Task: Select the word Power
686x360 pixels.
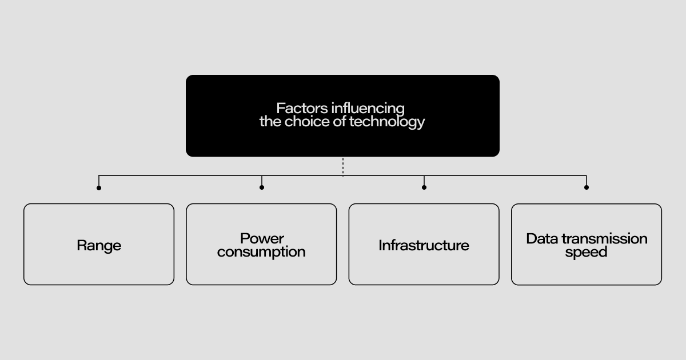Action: tap(262, 238)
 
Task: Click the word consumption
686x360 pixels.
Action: tap(261, 252)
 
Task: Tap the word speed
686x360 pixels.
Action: tap(586, 252)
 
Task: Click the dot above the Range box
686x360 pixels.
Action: tap(99, 187)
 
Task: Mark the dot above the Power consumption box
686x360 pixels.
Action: tap(262, 187)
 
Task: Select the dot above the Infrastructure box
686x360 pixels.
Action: tap(424, 187)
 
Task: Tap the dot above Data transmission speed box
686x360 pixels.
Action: tap(587, 187)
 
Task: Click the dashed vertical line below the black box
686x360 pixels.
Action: tap(343, 166)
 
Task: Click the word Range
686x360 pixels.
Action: tap(99, 246)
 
